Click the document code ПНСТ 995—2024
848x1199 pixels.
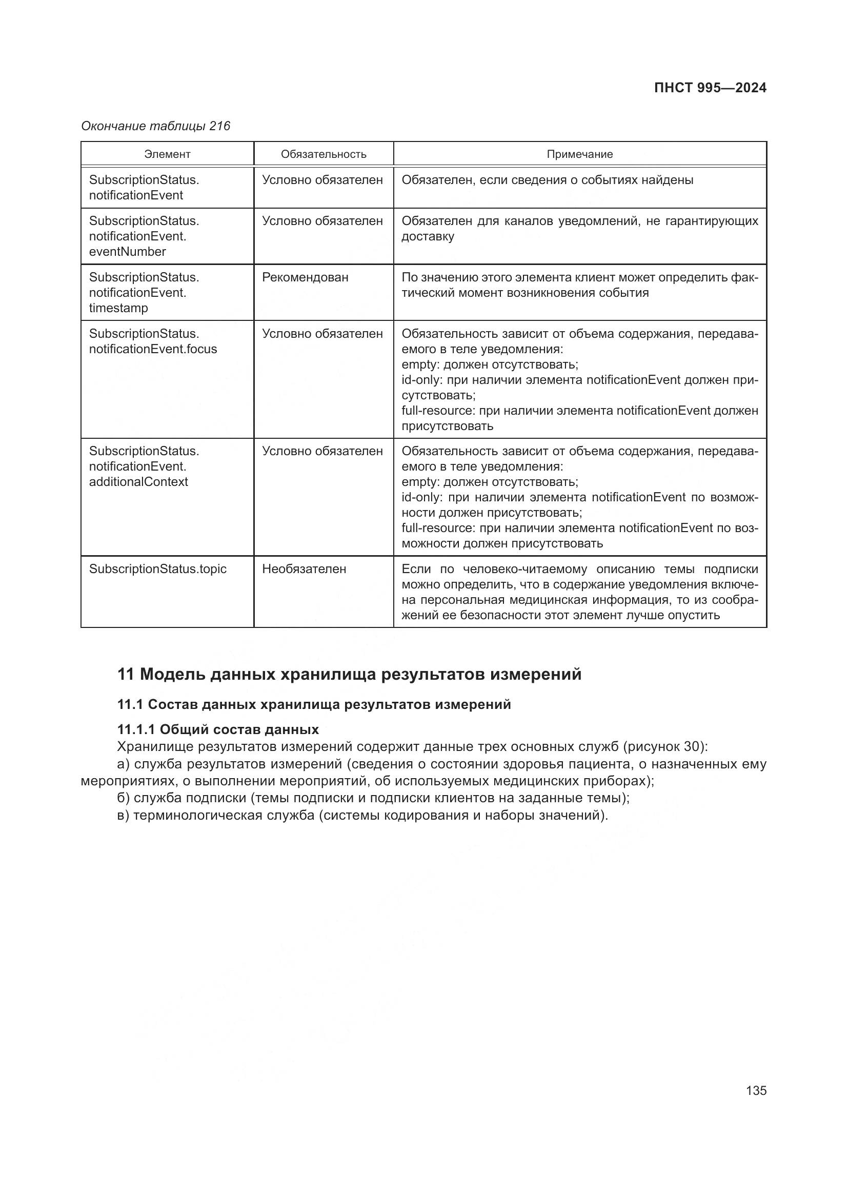pos(710,88)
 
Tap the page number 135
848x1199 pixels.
pos(756,1090)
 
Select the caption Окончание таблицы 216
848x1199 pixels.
pos(156,127)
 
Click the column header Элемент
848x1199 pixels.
pos(167,154)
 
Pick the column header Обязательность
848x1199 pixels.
pos(323,154)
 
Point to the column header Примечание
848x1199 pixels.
pos(580,154)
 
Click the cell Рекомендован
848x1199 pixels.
pos(305,277)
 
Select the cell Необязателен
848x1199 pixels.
pos(304,568)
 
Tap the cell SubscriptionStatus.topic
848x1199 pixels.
pos(158,568)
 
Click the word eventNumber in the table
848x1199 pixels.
pos(128,252)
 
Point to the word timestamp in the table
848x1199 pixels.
pos(118,308)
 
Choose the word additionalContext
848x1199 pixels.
pos(138,481)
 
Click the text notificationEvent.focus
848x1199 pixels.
pos(153,349)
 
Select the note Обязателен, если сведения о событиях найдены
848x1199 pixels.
pos(547,180)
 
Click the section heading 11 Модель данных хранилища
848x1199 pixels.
pos(349,674)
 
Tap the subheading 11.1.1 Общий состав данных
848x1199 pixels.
pos(218,729)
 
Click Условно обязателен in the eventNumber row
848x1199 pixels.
pos(322,221)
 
